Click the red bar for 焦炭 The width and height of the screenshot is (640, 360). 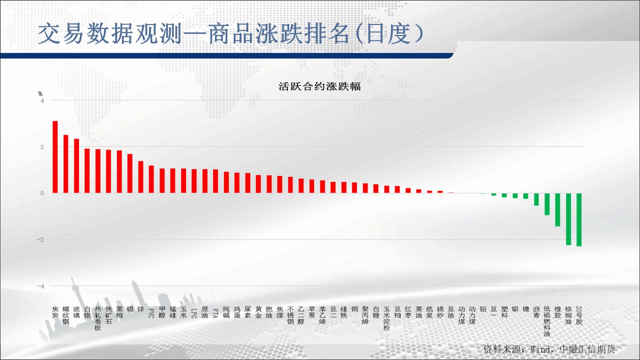point(55,157)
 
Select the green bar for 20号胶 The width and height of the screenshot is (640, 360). point(579,219)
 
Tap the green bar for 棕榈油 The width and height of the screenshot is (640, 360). point(568,219)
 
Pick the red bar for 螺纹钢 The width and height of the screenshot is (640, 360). point(65,164)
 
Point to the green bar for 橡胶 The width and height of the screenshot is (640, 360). point(557,209)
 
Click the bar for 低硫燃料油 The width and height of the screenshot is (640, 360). point(547,204)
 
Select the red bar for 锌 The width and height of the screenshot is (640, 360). point(140,177)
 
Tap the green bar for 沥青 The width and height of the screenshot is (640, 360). point(536,199)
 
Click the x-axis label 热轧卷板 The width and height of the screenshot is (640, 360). point(97,318)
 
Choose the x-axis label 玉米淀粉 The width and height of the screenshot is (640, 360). point(386,318)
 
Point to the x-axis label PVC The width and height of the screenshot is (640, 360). point(151,313)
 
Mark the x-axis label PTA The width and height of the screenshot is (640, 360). point(215,313)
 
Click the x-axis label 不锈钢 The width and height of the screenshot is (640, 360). point(290,315)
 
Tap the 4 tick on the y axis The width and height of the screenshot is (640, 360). point(42,100)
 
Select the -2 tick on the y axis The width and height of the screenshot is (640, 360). point(40,239)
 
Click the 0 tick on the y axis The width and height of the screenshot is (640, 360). point(42,193)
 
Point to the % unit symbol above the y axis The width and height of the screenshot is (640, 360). point(40,93)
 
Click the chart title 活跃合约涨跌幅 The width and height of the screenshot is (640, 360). point(319,86)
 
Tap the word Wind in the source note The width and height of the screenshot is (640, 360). point(540,349)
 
